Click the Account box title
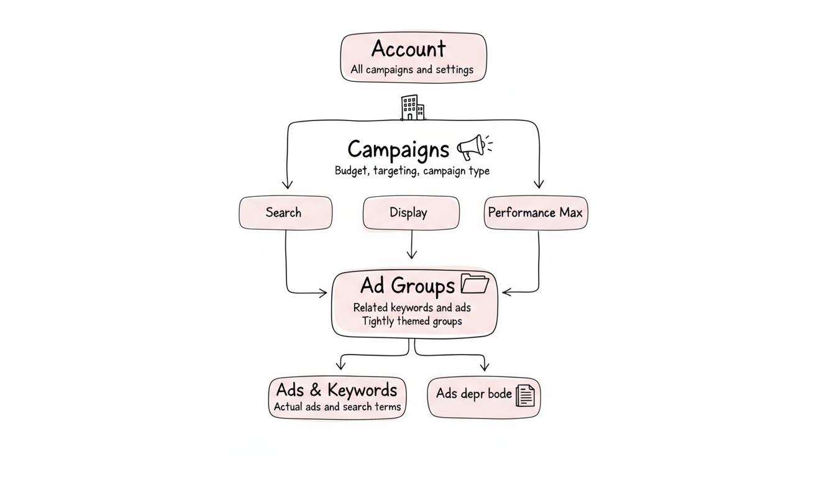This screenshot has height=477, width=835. coord(408,49)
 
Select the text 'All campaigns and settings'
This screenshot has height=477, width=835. coord(411,70)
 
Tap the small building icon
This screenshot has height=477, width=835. coord(413,107)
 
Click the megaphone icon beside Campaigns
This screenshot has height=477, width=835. coord(474,148)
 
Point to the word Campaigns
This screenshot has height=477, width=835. coord(398,150)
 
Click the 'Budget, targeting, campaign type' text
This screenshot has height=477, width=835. coord(411,171)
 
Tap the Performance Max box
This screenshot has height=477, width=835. coord(535,212)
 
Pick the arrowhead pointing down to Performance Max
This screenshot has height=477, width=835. coord(539,184)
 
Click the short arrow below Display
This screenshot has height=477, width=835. coord(411,245)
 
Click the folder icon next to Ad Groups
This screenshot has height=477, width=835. coord(475,284)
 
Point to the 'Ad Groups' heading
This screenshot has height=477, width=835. coord(408,286)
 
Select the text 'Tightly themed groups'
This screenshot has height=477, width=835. coord(412,321)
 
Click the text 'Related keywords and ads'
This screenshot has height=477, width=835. coord(412,307)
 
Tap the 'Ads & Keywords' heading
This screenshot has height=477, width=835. coord(336,390)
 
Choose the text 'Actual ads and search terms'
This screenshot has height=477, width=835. coord(337,407)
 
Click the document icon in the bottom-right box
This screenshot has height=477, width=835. coord(525,395)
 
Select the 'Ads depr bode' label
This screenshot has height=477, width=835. coord(473,394)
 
